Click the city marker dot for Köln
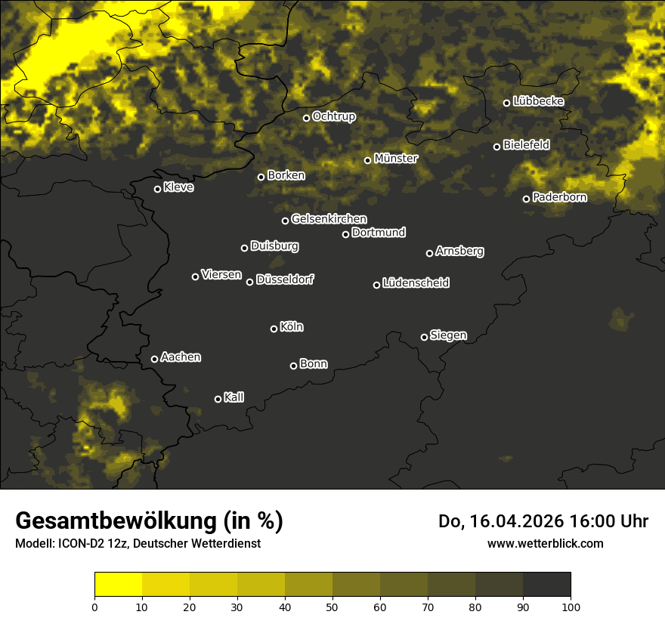(x=274, y=329)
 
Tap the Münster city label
(x=396, y=159)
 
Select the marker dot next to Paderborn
(x=527, y=199)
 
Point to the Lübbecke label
(x=538, y=101)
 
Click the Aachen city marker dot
(x=155, y=359)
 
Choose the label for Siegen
(x=448, y=335)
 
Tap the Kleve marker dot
(x=158, y=189)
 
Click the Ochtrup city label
(x=333, y=116)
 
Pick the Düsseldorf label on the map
(x=285, y=280)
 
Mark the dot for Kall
(x=218, y=399)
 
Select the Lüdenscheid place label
(x=416, y=283)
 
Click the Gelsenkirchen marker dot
(x=286, y=221)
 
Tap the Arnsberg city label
(x=459, y=252)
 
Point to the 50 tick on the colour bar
(x=332, y=606)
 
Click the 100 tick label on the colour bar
(x=571, y=606)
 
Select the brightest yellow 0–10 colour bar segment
(x=119, y=585)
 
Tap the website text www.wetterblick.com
(x=545, y=543)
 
